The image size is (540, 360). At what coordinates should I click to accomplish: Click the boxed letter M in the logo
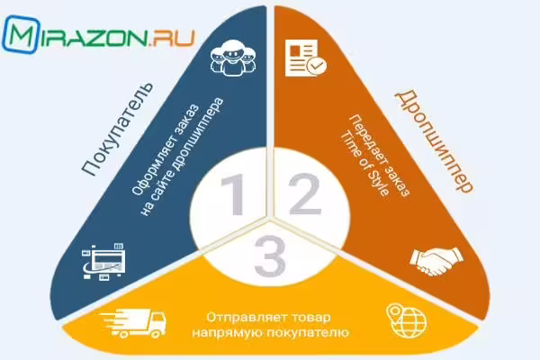tap(21, 34)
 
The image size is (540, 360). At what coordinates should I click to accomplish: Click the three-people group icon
tap(233, 58)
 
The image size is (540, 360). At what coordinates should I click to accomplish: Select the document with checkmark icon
tap(306, 58)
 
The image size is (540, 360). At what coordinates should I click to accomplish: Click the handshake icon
tap(436, 261)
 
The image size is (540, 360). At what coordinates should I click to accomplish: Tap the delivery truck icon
tap(133, 323)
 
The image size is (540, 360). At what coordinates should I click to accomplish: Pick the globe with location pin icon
tap(407, 320)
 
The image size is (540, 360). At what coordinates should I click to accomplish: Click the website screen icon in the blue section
tap(104, 262)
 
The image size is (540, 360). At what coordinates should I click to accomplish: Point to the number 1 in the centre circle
tap(234, 194)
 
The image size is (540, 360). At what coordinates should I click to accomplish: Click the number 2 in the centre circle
tap(305, 194)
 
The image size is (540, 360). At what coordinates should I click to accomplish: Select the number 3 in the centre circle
tap(270, 256)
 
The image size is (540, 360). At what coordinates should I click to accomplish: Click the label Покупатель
tap(117, 129)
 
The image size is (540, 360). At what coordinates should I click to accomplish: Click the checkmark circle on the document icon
tap(317, 65)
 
